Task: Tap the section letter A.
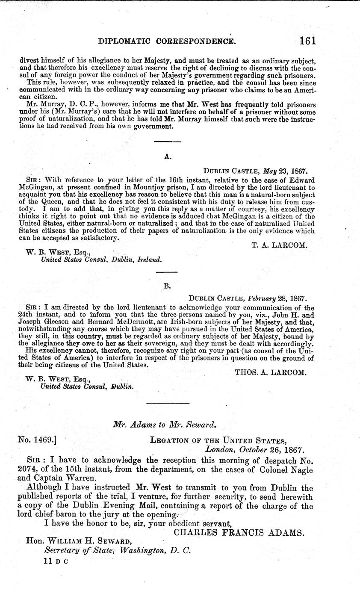[168, 157]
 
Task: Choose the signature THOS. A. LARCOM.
[271, 372]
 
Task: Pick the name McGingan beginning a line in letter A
[39, 187]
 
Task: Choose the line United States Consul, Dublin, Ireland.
[101, 260]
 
